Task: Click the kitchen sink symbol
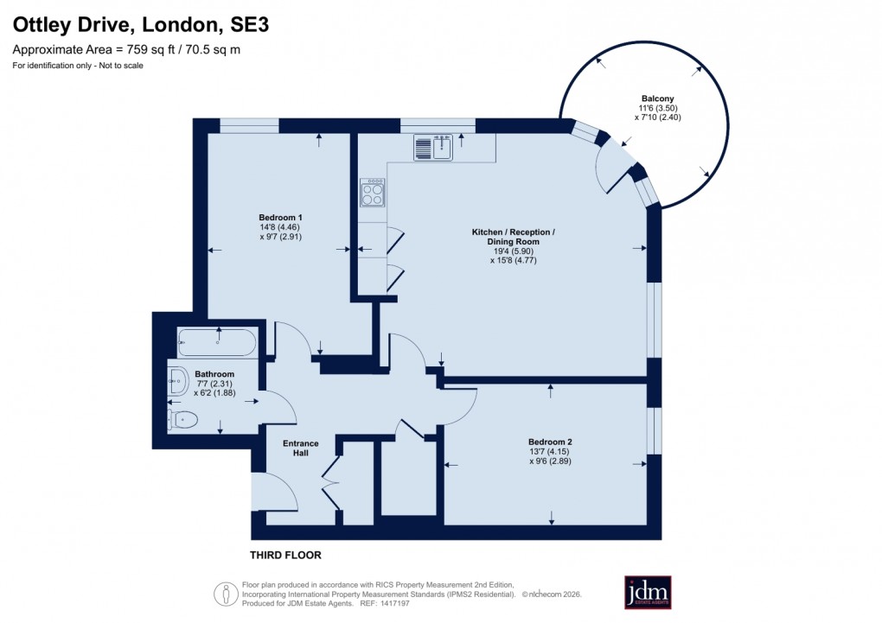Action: click(433, 148)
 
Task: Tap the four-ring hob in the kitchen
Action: click(373, 193)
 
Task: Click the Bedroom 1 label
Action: click(280, 217)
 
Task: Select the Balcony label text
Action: click(653, 99)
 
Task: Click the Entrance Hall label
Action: click(301, 448)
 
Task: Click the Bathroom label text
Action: click(214, 374)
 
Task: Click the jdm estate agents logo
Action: click(648, 593)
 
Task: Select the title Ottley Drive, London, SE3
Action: click(140, 26)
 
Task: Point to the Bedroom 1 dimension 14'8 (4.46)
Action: click(280, 227)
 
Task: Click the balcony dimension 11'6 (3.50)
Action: click(653, 109)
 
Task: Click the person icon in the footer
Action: click(226, 594)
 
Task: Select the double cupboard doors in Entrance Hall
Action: click(329, 484)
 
